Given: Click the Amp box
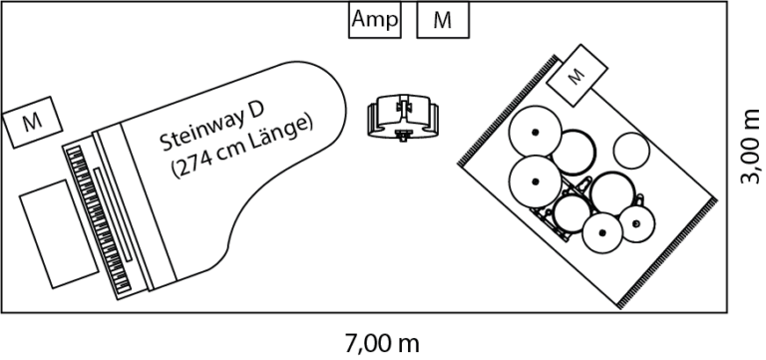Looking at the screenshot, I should click(375, 20).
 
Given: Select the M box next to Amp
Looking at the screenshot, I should click(442, 20).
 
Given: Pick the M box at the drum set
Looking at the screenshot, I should click(577, 75).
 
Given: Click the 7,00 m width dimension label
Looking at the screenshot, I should click(382, 345).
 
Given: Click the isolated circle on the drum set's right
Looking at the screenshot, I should click(631, 152).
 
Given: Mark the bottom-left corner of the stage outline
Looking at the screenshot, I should click(3, 311).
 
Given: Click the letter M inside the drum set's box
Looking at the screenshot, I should click(576, 75).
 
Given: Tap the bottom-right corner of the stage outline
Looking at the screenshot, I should click(725, 311).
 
